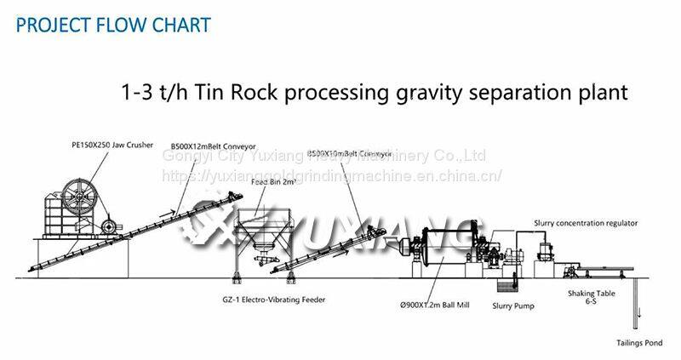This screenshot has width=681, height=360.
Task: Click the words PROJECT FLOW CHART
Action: pos(113,24)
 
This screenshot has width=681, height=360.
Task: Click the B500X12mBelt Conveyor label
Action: pos(213,146)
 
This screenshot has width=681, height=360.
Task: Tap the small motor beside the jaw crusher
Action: pos(108,226)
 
